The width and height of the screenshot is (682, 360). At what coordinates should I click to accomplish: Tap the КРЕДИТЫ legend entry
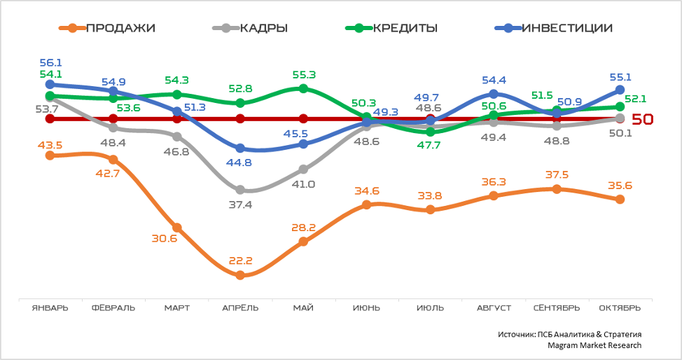392,29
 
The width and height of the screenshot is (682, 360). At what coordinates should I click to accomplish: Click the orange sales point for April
240,275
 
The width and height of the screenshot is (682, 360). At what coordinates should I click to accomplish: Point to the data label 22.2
239,261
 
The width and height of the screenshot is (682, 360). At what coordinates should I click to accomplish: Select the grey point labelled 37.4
240,190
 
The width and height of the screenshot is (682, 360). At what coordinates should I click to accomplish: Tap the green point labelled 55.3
303,88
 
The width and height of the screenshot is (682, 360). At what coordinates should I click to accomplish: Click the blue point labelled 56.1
50,84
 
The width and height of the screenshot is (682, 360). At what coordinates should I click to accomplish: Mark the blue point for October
620,90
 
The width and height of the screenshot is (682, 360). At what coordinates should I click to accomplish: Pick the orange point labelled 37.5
557,189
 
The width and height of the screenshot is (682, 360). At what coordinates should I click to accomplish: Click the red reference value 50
642,119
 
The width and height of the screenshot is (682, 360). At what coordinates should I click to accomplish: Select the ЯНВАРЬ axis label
50,308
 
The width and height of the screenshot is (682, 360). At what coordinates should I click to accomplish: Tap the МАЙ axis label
303,308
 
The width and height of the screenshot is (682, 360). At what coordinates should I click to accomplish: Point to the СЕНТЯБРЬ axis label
557,308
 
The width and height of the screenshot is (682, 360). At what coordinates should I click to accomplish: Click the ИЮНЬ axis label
367,308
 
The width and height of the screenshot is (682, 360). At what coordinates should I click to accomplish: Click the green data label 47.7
429,145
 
